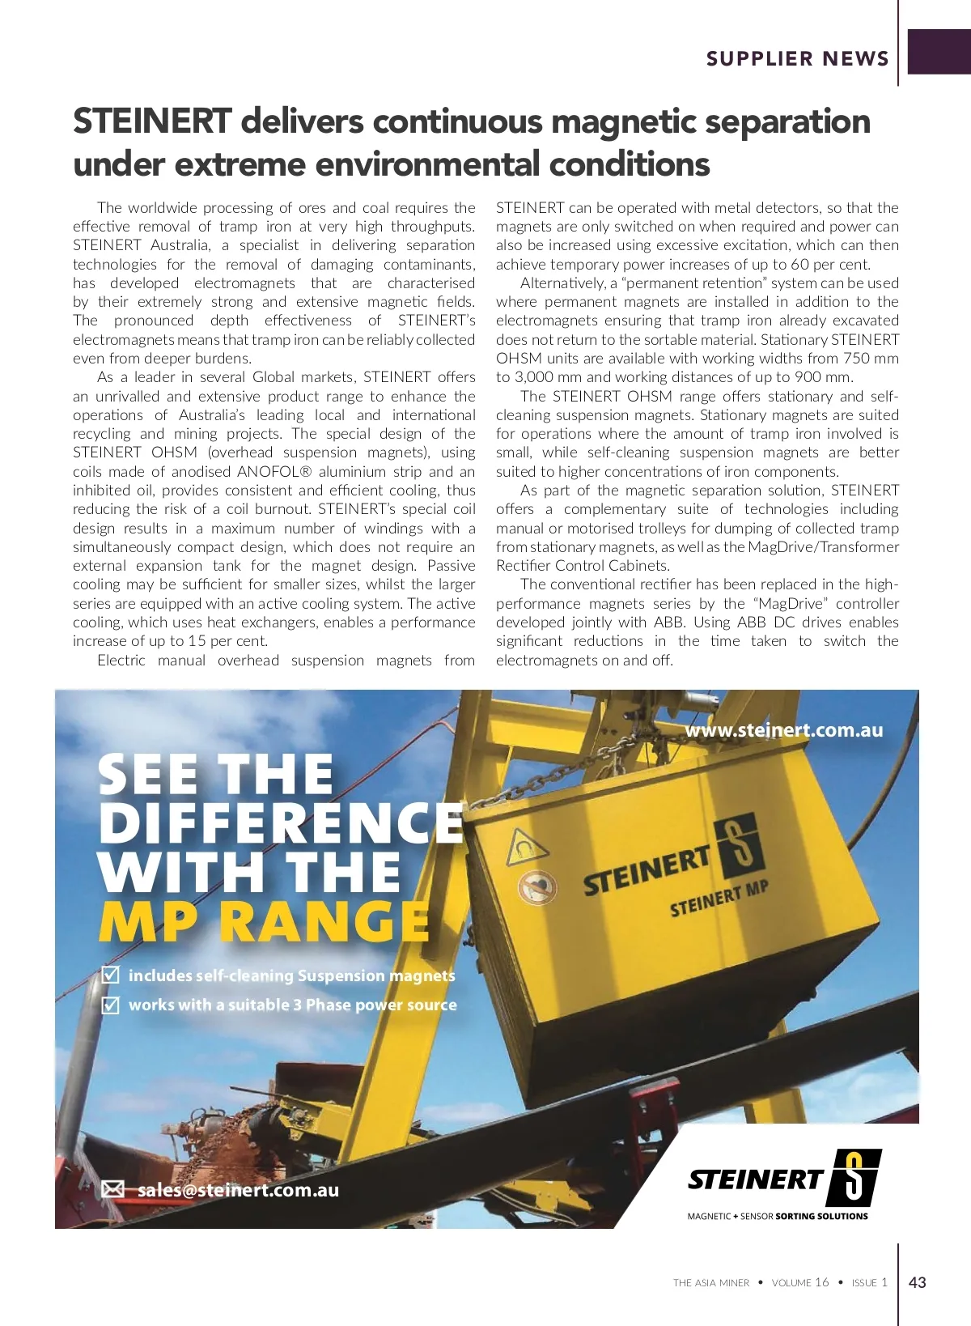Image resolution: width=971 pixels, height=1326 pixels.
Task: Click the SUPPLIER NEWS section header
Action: coord(797,58)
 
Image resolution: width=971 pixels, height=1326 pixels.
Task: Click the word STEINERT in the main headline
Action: coord(152,121)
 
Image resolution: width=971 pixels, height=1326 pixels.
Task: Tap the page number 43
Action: coord(918,1282)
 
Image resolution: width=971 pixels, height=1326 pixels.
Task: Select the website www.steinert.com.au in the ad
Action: coord(783,730)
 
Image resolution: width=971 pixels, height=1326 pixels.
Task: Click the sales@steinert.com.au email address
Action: coord(238,1190)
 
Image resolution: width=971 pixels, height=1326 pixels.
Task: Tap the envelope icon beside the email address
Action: coord(113,1189)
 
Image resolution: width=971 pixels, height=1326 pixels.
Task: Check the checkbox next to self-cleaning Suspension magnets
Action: coord(110,975)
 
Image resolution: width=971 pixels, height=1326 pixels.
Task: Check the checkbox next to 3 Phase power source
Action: coord(110,1005)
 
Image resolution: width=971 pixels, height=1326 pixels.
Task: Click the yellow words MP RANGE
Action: coord(264,921)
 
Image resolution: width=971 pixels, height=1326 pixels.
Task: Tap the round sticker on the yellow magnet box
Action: coord(537,886)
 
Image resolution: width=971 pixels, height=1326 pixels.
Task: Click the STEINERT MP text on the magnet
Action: coord(719,899)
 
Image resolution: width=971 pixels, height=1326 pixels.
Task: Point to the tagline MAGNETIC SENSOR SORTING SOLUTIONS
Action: coord(777,1216)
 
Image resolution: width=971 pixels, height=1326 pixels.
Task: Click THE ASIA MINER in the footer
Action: coord(711,1283)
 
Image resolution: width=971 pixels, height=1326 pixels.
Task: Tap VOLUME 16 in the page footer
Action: coord(800,1283)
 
